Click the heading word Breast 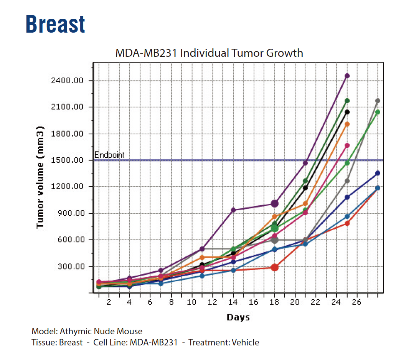coord(55,24)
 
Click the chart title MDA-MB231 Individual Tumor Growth coord(209,53)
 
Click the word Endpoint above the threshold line coord(109,155)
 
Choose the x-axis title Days coord(238,317)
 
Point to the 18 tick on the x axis coord(274,302)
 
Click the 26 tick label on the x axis coord(357,302)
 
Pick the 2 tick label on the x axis coord(109,302)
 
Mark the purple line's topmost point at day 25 coord(347,76)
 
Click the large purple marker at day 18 coord(274,203)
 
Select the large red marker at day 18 coord(274,268)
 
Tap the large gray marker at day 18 coord(274,240)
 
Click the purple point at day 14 coord(233,210)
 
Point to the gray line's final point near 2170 coord(378,101)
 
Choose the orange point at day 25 coord(347,124)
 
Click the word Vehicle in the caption coord(245,342)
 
